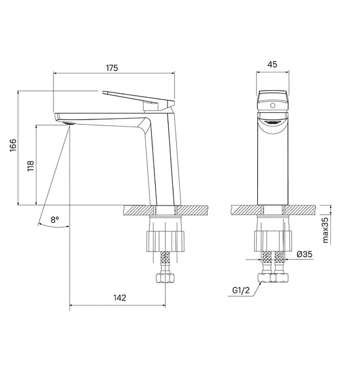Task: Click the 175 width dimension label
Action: (x=112, y=68)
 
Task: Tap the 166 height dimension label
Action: (x=13, y=145)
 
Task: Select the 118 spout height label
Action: (x=31, y=166)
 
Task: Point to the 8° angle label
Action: (x=55, y=220)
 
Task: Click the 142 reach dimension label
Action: (x=120, y=298)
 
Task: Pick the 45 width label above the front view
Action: (x=272, y=64)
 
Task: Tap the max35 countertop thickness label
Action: (x=326, y=229)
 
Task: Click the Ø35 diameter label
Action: (x=304, y=254)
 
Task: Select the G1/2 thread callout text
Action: (x=241, y=290)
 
